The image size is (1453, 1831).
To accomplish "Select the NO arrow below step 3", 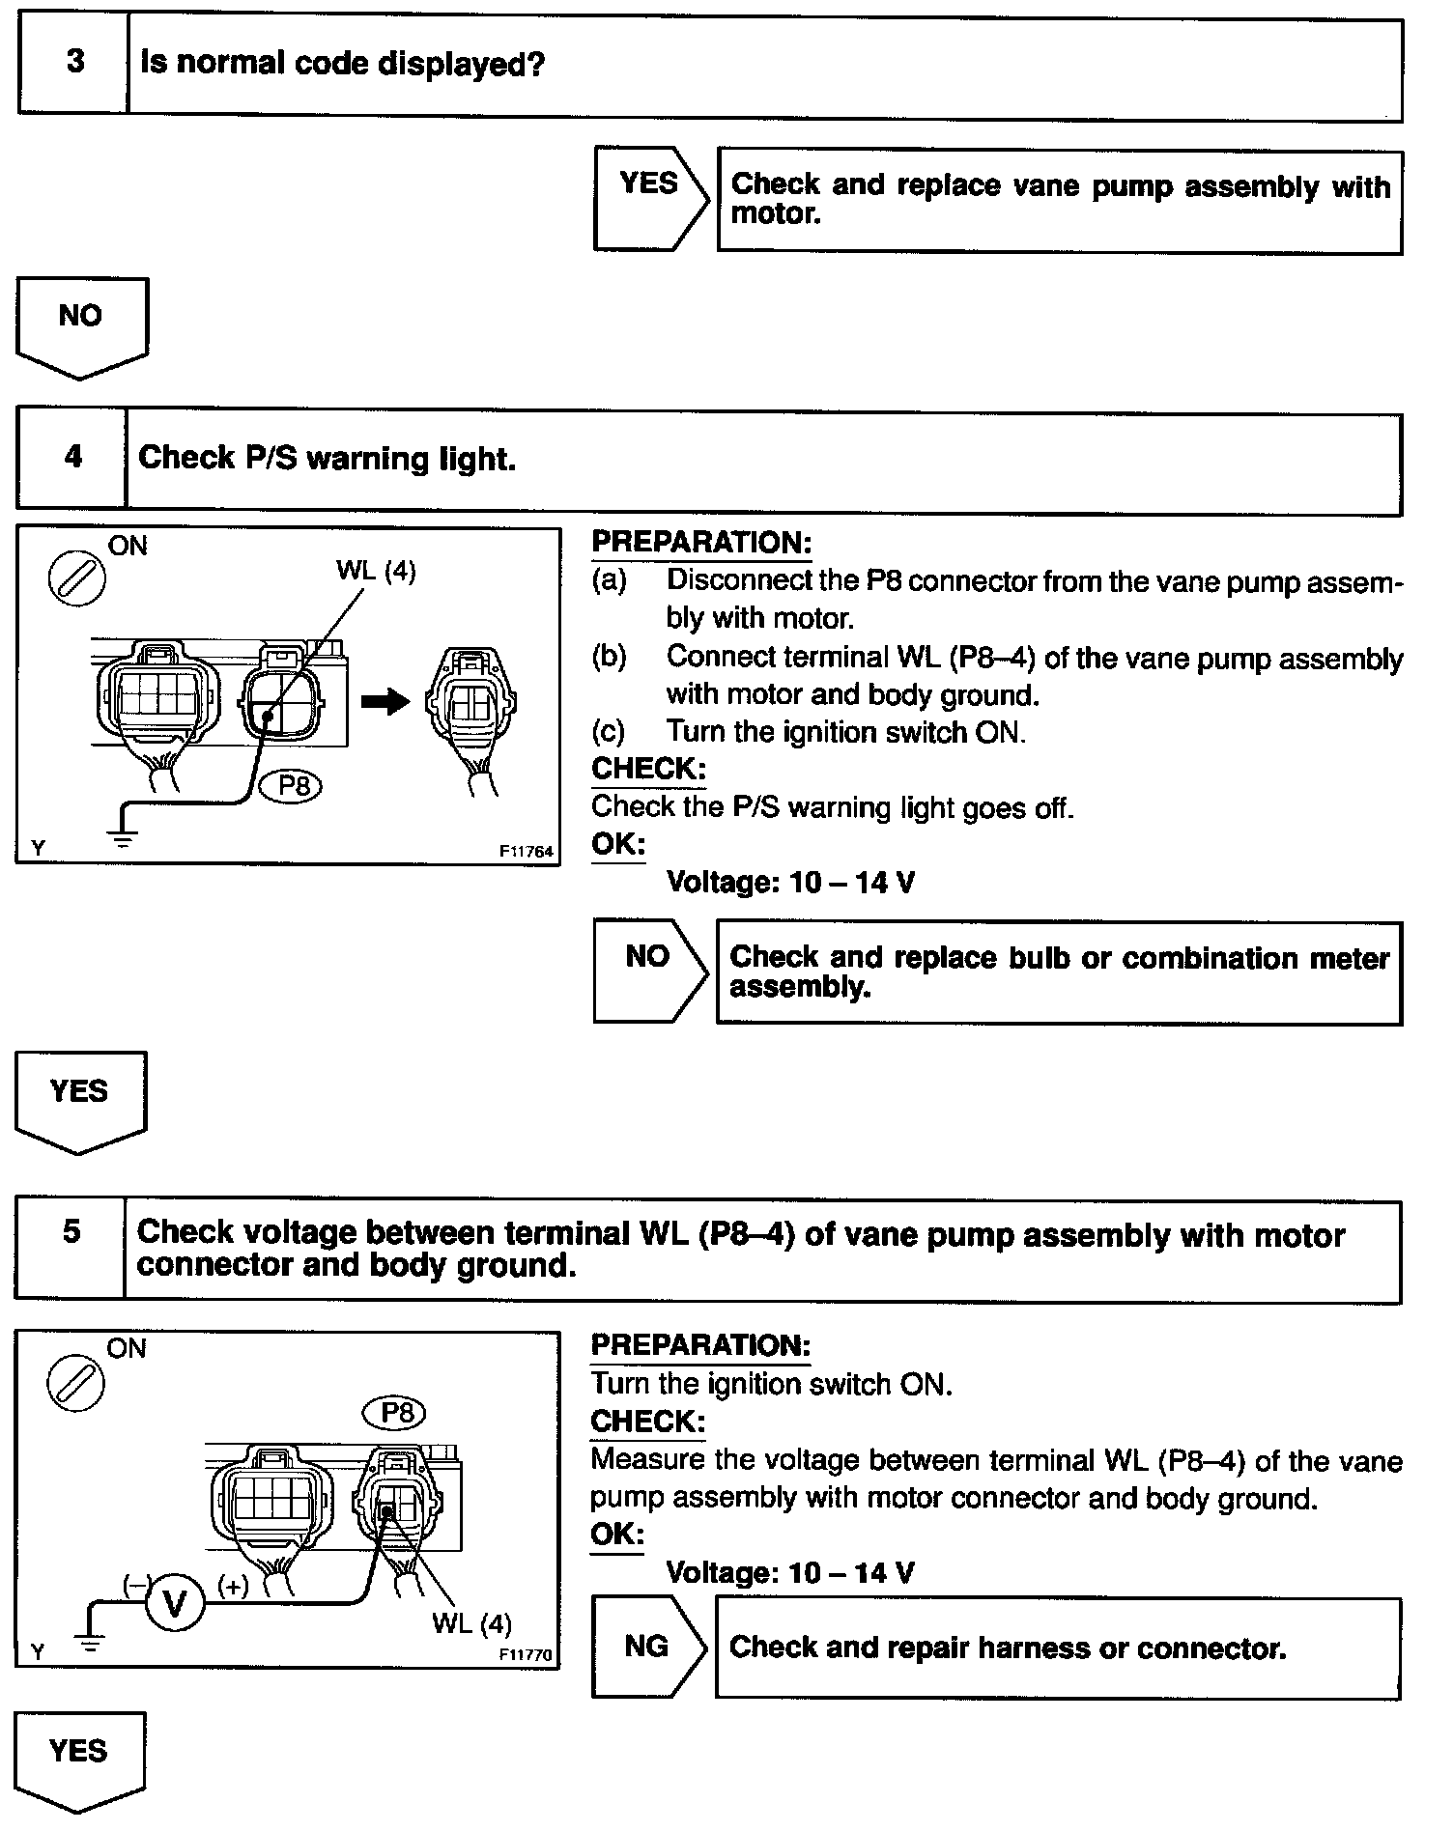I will pyautogui.click(x=81, y=324).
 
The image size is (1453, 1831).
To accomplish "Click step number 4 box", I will pyautogui.click(x=72, y=458).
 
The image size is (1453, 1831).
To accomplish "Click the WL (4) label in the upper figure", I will pyautogui.click(x=376, y=572).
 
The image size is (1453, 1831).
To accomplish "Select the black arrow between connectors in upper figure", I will pyautogui.click(x=385, y=701).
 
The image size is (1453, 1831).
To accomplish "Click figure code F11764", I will pyautogui.click(x=525, y=852).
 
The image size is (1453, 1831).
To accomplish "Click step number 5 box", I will pyautogui.click(x=71, y=1233).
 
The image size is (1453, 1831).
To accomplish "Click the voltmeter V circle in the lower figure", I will pyautogui.click(x=175, y=1604).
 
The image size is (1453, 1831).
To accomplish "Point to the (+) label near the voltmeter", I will pyautogui.click(x=233, y=1585).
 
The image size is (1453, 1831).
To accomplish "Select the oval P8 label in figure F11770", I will pyautogui.click(x=394, y=1414).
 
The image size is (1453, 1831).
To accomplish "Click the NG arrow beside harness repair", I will pyautogui.click(x=647, y=1647).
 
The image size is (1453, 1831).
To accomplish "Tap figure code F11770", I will pyautogui.click(x=525, y=1654).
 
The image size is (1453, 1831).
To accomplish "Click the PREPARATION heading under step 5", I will pyautogui.click(x=700, y=1345).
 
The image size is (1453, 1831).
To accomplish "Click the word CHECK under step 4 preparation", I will pyautogui.click(x=646, y=769).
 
